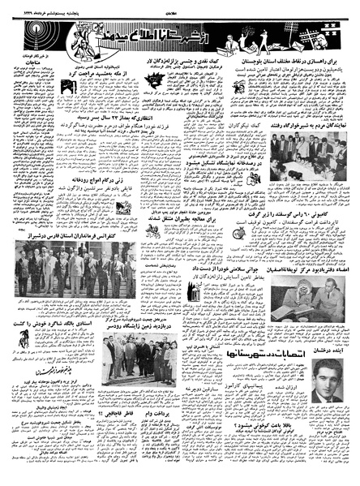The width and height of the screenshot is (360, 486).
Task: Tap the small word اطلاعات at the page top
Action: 180,4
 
